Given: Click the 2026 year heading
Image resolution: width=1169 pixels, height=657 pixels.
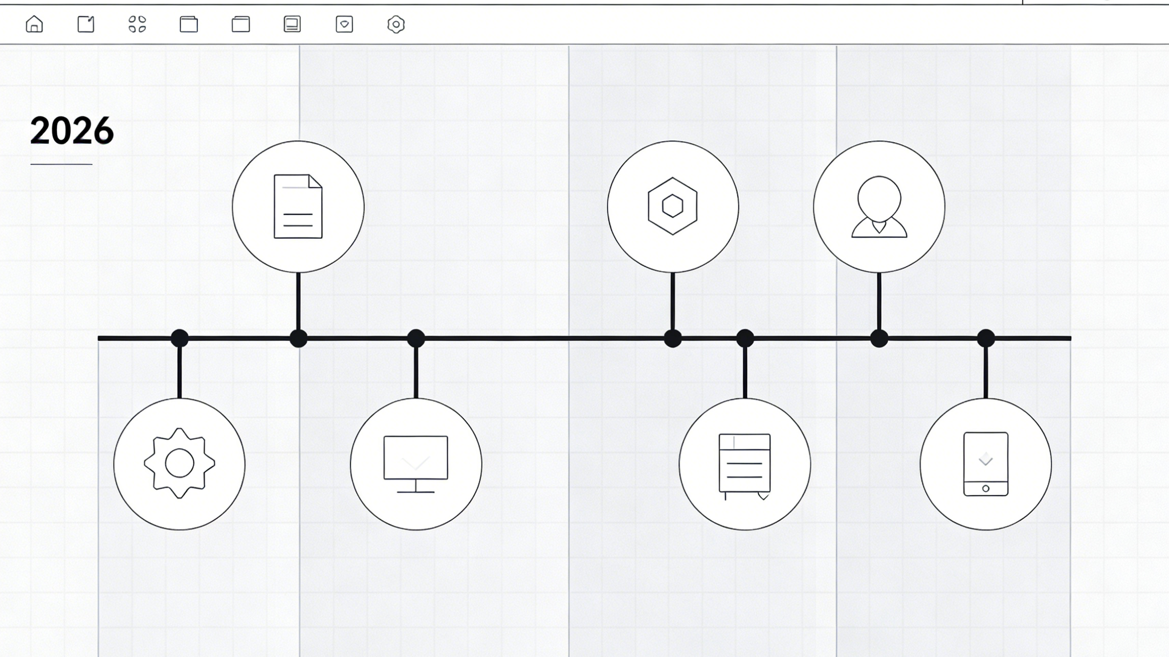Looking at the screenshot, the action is click(72, 130).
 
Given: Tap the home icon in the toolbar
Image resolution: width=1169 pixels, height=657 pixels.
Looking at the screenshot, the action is click(34, 24).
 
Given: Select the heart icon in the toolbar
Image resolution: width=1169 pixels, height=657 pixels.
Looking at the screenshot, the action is click(344, 24).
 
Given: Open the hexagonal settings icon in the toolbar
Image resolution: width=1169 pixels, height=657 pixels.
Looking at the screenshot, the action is click(396, 24).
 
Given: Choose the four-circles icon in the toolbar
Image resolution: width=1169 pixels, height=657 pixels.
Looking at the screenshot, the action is click(137, 24).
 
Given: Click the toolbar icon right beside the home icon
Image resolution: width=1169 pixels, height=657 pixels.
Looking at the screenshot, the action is click(86, 24).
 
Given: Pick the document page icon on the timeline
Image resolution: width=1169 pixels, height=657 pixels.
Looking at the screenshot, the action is click(298, 207).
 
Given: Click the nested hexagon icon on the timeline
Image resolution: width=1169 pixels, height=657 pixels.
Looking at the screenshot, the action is click(673, 206).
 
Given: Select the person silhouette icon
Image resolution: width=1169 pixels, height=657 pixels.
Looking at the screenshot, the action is click(879, 207).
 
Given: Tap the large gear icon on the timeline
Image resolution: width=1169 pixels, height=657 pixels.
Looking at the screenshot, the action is click(180, 463).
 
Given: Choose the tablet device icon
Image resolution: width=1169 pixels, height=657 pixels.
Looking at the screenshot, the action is click(986, 464).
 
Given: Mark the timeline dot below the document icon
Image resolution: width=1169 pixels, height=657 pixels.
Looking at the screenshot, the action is click(298, 338).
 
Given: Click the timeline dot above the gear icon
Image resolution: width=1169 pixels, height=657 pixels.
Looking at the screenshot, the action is click(180, 338).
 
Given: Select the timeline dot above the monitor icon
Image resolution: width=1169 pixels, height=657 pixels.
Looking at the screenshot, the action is click(416, 338).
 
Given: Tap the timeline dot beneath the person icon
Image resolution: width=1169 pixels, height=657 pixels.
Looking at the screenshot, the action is click(879, 338).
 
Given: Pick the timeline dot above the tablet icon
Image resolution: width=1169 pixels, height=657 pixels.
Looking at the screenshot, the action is click(986, 338).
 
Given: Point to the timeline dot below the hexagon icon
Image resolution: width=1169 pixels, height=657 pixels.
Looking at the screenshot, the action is click(673, 338).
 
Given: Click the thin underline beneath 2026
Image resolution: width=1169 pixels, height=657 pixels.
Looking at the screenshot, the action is click(61, 164).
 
